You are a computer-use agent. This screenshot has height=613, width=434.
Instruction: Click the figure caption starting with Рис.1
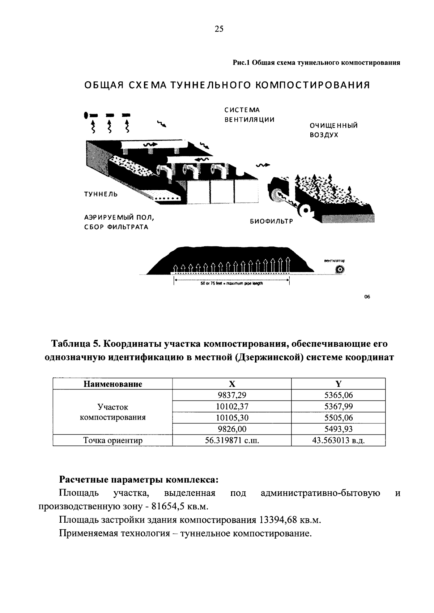(316, 62)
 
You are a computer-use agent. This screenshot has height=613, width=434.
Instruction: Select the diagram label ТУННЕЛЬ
(101, 194)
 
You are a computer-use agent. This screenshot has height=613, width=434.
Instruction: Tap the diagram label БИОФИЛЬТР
(271, 221)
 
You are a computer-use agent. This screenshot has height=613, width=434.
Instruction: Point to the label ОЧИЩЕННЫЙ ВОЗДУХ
(333, 130)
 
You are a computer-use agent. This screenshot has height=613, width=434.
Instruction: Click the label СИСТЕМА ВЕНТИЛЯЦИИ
(249, 115)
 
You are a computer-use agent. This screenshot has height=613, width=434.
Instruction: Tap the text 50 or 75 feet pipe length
(231, 284)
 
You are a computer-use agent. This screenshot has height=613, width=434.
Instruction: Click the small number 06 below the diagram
(367, 297)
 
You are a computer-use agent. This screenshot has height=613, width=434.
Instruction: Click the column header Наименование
(112, 384)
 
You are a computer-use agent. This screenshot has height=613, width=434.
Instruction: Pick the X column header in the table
(232, 384)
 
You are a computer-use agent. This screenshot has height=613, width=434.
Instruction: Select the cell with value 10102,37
(232, 406)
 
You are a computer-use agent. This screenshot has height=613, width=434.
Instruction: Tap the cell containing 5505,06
(338, 418)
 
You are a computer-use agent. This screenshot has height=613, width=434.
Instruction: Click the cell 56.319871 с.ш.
(232, 440)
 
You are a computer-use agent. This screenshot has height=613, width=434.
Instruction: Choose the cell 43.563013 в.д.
(338, 440)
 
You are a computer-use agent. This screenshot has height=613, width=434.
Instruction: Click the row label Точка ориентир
(112, 440)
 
